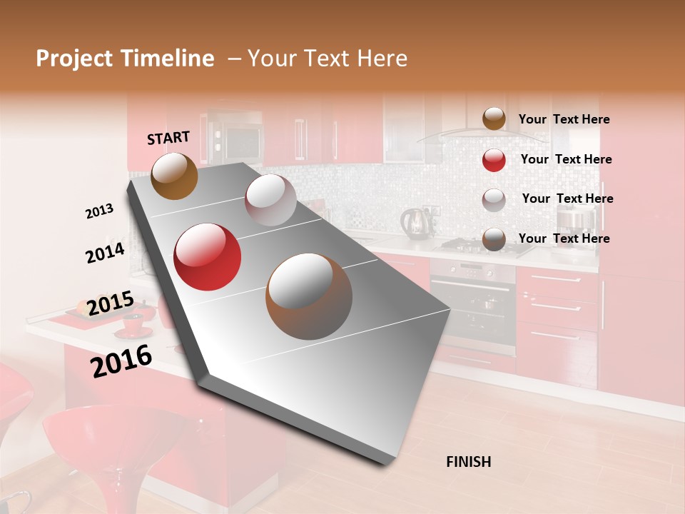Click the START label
tap(168, 138)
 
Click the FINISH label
tap(468, 462)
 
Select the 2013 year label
tap(99, 211)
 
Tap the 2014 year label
tap(105, 253)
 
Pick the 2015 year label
tap(111, 303)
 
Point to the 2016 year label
tap(121, 361)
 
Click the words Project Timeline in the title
tap(125, 59)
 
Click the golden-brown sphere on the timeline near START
tap(174, 176)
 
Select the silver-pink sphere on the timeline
tap(270, 200)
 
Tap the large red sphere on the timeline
tap(208, 257)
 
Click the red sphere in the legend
tap(494, 160)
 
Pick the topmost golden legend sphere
tap(494, 119)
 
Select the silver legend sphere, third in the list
tap(494, 200)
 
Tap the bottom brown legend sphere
tap(494, 239)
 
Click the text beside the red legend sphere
tap(566, 159)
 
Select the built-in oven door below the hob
tap(472, 307)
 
